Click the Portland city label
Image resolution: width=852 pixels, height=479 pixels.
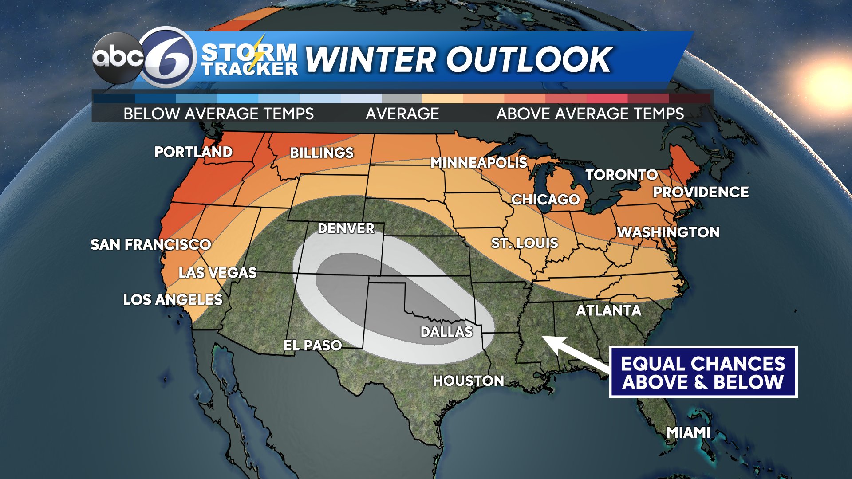(193, 152)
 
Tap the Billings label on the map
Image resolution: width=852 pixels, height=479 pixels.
(322, 153)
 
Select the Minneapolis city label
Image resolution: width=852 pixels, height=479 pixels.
(479, 163)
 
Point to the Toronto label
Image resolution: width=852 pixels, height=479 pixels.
(621, 175)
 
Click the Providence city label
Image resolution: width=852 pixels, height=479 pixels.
(701, 192)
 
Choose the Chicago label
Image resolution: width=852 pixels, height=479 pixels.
(545, 200)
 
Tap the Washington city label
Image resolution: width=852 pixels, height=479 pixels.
(668, 232)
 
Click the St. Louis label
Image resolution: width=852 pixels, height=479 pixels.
(525, 243)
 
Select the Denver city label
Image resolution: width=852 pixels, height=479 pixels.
(346, 228)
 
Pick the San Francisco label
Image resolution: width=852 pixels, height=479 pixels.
(151, 244)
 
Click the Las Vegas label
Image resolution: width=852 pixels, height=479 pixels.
(217, 272)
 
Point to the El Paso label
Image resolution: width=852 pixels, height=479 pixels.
(312, 345)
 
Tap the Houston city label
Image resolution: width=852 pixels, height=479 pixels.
(468, 381)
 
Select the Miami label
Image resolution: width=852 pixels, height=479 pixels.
(688, 432)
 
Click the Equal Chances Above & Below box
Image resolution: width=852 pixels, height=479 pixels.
(703, 372)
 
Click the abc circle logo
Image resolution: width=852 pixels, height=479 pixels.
(118, 58)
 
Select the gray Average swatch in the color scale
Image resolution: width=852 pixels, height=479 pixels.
(402, 98)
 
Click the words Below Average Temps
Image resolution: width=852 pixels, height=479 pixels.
(218, 114)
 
